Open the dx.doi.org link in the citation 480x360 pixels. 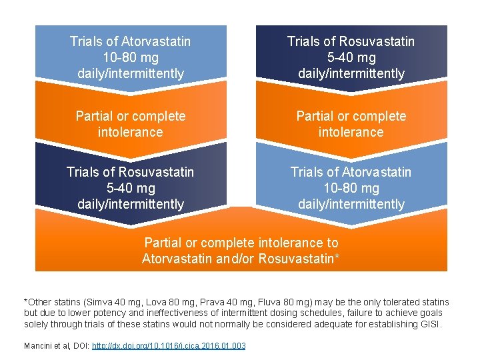point(168,345)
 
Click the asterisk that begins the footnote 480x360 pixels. point(25,302)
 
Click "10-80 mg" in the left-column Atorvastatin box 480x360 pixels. point(131,57)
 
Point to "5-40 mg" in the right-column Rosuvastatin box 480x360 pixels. point(351,57)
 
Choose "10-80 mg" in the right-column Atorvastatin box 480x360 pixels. point(351,188)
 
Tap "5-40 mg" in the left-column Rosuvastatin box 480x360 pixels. point(131,188)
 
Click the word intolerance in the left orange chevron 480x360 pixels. point(131,132)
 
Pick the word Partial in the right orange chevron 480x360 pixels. point(315,116)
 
